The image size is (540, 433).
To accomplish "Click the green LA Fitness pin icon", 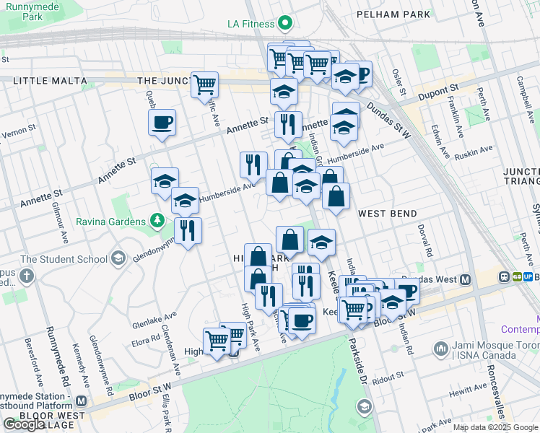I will pyautogui.click(x=285, y=24).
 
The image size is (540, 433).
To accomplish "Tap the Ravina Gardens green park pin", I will pyautogui.click(x=157, y=220).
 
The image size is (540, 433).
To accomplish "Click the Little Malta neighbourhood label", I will pyautogui.click(x=46, y=82).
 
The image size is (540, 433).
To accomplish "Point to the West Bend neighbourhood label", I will pyautogui.click(x=387, y=214).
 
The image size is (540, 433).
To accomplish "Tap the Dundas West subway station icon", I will pyautogui.click(x=466, y=279).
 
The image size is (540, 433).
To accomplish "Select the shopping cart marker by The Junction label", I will pyautogui.click(x=204, y=84).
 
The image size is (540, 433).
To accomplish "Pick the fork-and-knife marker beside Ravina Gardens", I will pyautogui.click(x=188, y=231).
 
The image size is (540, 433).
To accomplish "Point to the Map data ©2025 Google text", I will pyautogui.click(x=496, y=427).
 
